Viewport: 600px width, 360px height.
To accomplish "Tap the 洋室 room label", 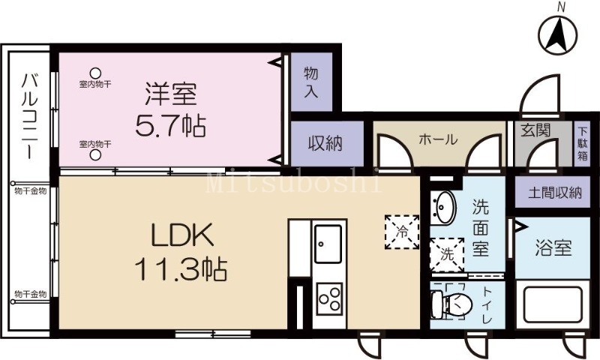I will click(x=170, y=94).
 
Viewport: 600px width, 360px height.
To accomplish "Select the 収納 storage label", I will click(x=325, y=143).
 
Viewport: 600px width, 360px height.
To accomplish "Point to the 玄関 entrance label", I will click(x=535, y=130).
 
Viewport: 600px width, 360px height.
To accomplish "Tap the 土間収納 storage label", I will click(x=554, y=192).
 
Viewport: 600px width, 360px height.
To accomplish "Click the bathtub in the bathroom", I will click(x=554, y=305).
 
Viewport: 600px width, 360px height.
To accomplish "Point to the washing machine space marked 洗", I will click(x=446, y=253).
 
